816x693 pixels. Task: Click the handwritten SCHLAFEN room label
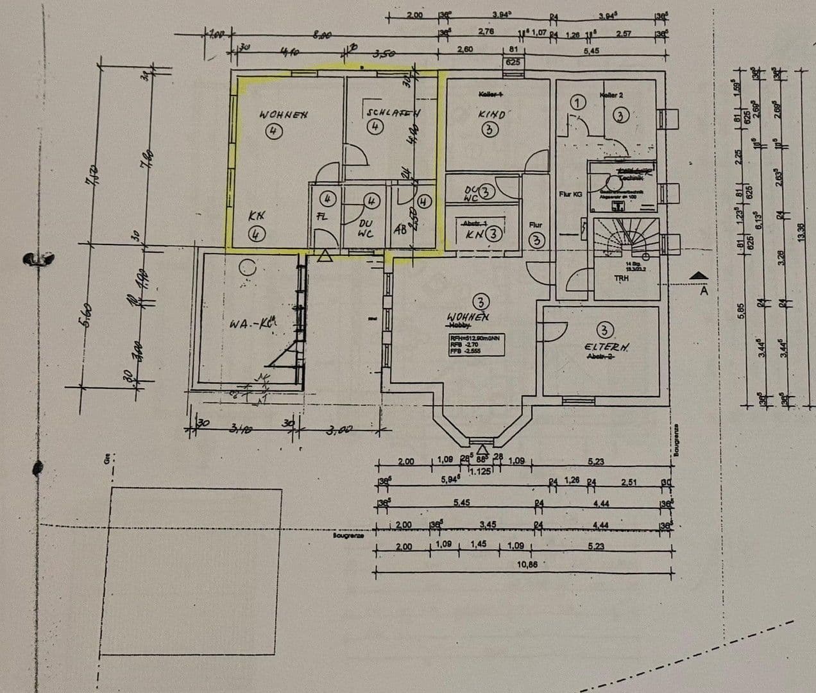pyautogui.click(x=393, y=112)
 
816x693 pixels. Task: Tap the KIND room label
pyautogui.click(x=491, y=114)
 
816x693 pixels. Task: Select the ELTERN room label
pyautogui.click(x=606, y=346)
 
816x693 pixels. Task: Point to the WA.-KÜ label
pyautogui.click(x=251, y=323)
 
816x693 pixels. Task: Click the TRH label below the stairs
pyautogui.click(x=622, y=278)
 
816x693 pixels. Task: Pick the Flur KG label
pyautogui.click(x=570, y=193)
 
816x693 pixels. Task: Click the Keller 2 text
pyautogui.click(x=611, y=95)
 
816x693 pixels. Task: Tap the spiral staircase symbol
pyautogui.click(x=626, y=243)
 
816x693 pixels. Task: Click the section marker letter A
pyautogui.click(x=703, y=290)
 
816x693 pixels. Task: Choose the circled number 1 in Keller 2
pyautogui.click(x=579, y=103)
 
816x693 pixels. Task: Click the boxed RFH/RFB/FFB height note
pyautogui.click(x=474, y=344)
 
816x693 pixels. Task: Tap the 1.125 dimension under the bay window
pyautogui.click(x=480, y=472)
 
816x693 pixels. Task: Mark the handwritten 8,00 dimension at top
pyautogui.click(x=321, y=37)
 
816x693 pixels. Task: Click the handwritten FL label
pyautogui.click(x=322, y=216)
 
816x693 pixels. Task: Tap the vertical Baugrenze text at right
pyautogui.click(x=676, y=440)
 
